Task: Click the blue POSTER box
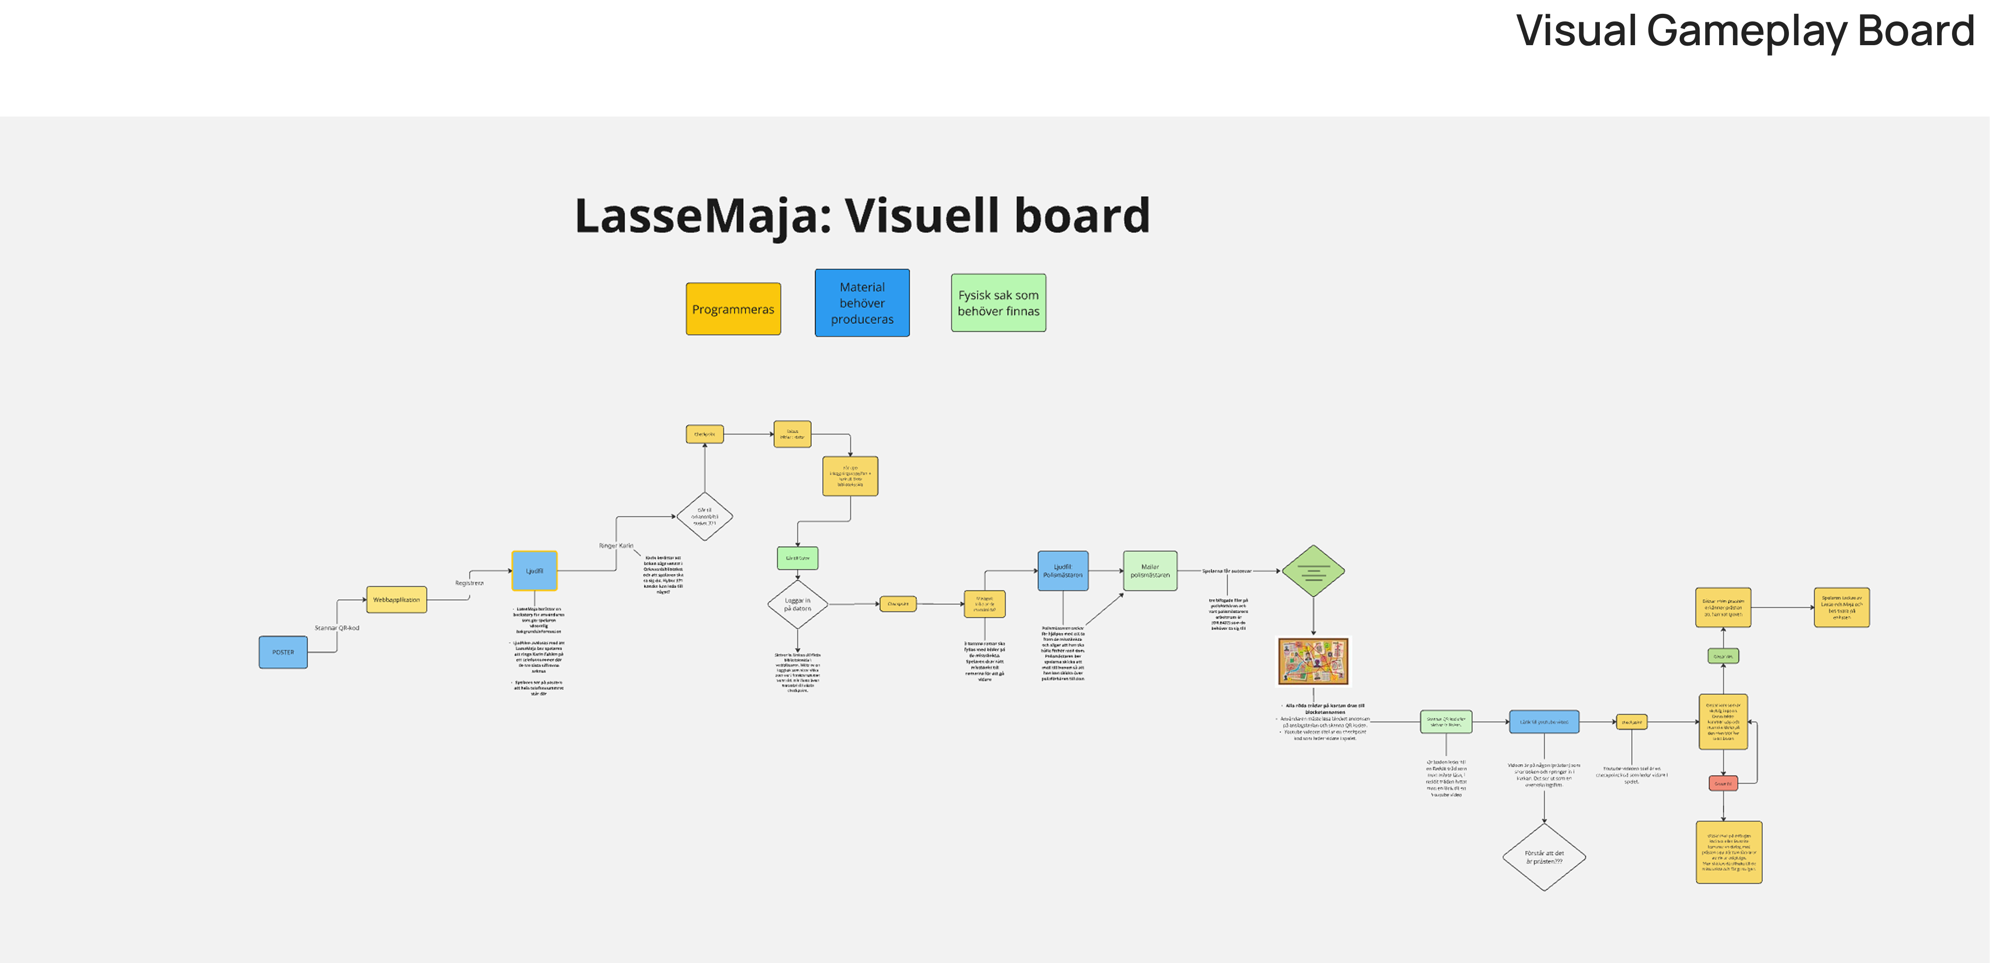pos(283,652)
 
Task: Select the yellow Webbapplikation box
pos(396,600)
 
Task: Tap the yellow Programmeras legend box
pos(733,309)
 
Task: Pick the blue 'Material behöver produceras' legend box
pos(862,303)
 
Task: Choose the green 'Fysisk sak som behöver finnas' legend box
pos(998,303)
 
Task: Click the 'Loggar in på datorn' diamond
pos(797,604)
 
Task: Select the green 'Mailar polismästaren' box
pos(1150,571)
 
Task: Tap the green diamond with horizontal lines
pos(1313,571)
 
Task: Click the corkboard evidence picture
pos(1313,661)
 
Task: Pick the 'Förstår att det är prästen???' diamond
pos(1544,857)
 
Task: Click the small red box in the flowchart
pos(1723,784)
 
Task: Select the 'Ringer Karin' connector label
pos(615,545)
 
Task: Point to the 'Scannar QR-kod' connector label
pos(337,628)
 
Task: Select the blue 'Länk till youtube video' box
pos(1544,722)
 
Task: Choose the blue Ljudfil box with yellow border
pos(534,571)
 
